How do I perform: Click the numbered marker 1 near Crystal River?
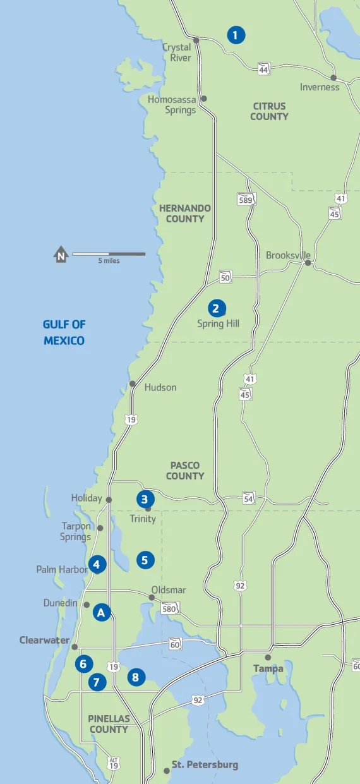(235, 35)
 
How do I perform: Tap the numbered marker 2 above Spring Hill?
(215, 308)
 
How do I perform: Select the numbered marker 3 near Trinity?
(145, 498)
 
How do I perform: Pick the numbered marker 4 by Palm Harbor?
(97, 564)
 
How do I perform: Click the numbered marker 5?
(145, 560)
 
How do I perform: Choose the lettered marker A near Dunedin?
(102, 612)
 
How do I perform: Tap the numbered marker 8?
(135, 678)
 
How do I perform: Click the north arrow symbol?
(61, 255)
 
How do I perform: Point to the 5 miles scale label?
(109, 261)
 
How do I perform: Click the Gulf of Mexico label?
(64, 332)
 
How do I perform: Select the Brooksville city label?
(288, 255)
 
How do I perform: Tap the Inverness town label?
(320, 87)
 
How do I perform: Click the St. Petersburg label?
(205, 765)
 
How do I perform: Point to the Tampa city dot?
(268, 658)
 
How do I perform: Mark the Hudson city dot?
(133, 383)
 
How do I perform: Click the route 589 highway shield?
(247, 200)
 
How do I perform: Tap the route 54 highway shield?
(248, 498)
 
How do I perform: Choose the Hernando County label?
(185, 214)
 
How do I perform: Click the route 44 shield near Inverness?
(264, 70)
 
